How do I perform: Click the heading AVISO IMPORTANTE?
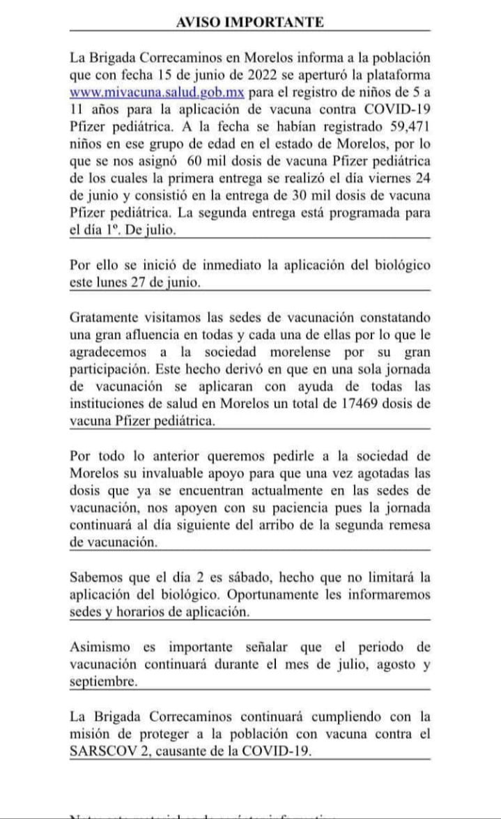tap(250, 22)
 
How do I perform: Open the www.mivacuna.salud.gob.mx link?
tap(157, 92)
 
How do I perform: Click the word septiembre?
tap(103, 682)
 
